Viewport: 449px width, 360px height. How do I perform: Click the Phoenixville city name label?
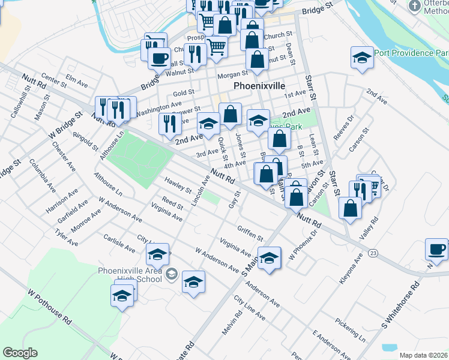coord(259,86)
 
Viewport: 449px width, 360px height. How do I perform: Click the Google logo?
coord(20,353)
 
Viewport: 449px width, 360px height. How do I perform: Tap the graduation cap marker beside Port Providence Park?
coord(361,59)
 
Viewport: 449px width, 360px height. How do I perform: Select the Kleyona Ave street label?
coord(351,268)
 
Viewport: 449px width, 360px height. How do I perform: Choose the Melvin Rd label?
coord(231,323)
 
